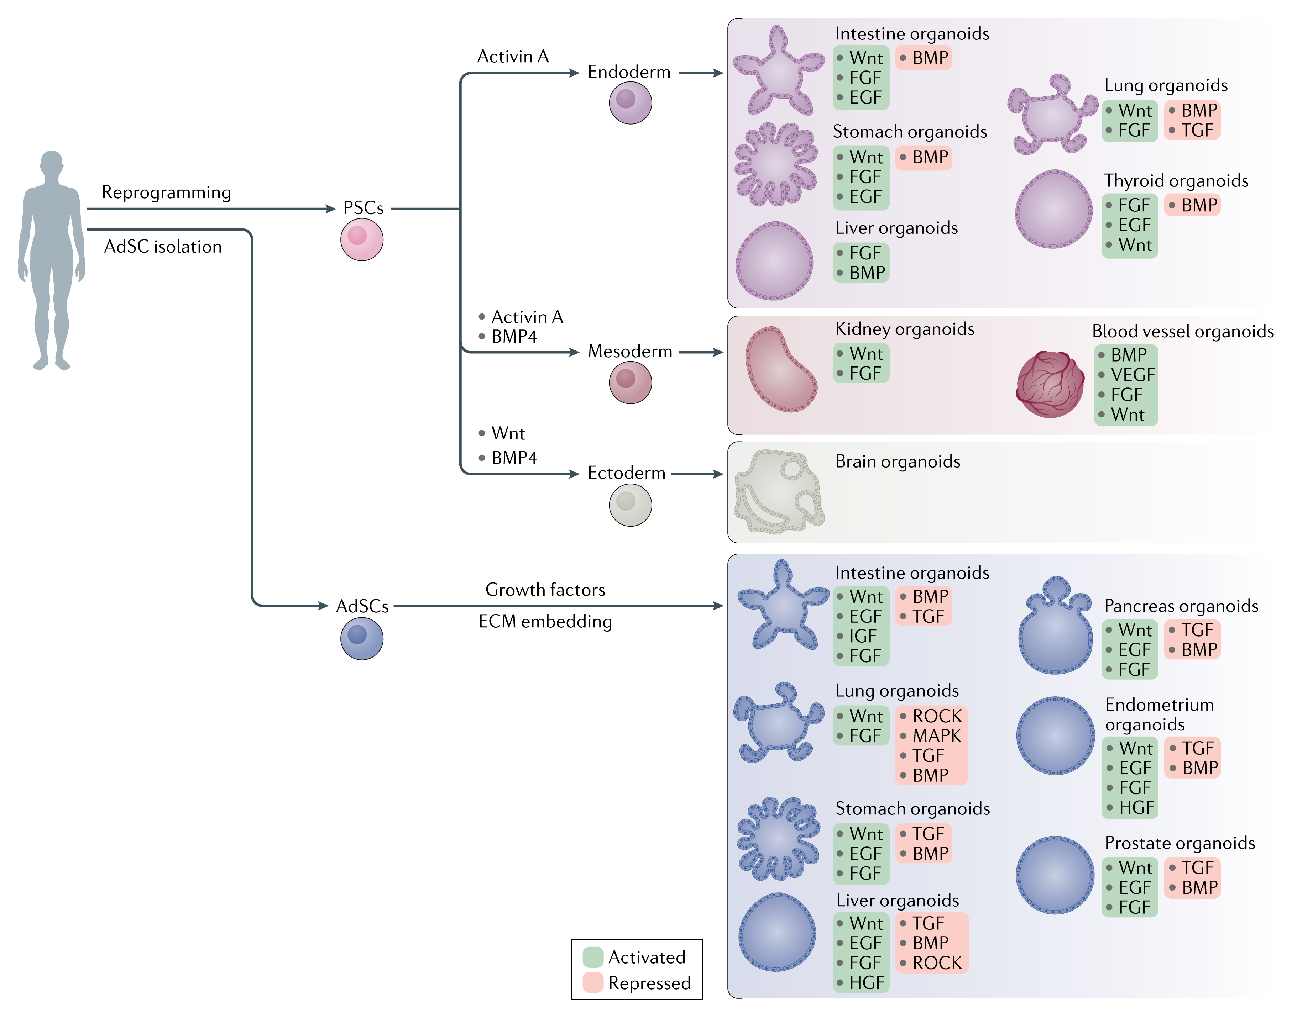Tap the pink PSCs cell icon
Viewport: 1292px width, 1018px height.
click(361, 239)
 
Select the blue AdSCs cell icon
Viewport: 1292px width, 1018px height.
click(361, 638)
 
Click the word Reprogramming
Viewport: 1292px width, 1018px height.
click(166, 192)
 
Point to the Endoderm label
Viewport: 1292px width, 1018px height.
click(629, 72)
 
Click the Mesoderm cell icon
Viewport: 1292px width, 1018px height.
click(630, 383)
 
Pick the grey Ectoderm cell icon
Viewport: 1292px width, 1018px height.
click(630, 505)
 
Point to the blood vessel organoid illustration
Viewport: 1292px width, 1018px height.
click(1050, 384)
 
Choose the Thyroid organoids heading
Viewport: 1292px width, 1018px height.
click(1176, 181)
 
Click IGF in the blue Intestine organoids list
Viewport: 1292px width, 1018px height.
click(862, 636)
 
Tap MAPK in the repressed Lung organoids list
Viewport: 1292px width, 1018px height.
click(937, 735)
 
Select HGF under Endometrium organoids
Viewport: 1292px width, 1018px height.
click(1136, 808)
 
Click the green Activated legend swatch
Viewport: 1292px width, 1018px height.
click(593, 957)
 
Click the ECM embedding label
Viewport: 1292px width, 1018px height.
click(545, 622)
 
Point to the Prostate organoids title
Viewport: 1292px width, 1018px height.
click(1179, 843)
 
